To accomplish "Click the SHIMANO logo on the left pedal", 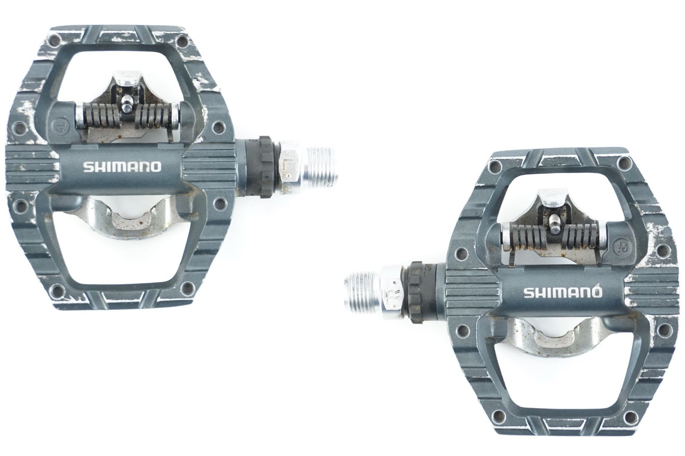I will (122, 166).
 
